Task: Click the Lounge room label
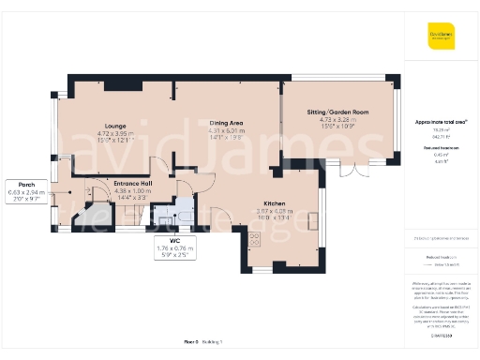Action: click(116, 125)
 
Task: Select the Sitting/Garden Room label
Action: click(337, 112)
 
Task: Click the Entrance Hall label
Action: click(132, 184)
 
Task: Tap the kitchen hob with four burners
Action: click(254, 239)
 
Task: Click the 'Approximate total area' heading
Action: click(442, 122)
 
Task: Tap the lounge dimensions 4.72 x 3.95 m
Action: click(116, 133)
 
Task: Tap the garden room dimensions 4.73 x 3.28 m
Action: click(337, 120)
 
